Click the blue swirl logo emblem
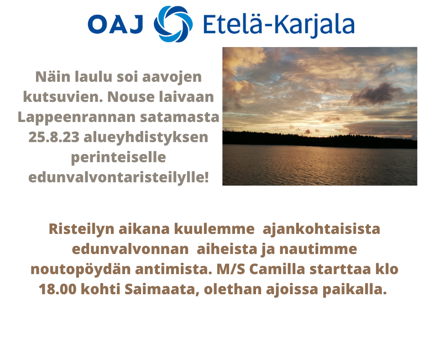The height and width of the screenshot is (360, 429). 173,24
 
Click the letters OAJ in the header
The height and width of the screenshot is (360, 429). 115,24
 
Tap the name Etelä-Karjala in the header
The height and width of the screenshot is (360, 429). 279,25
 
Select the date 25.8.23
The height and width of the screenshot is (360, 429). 54,137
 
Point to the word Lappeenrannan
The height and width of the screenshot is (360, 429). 77,117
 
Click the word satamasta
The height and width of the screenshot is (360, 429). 180,117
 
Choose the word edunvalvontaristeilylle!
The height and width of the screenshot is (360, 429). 119,177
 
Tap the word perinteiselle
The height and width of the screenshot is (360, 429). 119,158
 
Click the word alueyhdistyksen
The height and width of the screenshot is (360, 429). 146,137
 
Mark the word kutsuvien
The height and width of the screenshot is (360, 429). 63,97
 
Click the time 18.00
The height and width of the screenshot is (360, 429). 58,289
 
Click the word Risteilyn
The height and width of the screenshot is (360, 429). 81,229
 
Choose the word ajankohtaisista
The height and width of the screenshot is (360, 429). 321,229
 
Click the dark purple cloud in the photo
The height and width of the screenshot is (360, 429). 376,94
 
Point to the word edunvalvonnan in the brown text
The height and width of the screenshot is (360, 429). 130,249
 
